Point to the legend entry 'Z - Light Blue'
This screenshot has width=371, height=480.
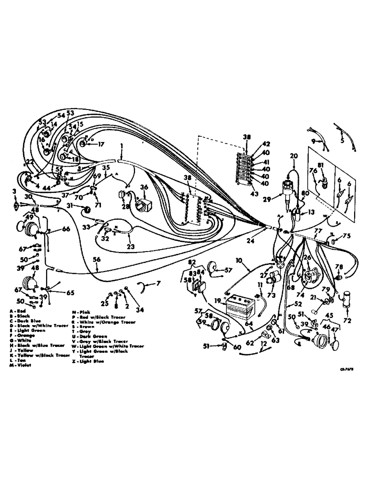tap(87, 361)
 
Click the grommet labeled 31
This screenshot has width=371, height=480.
tap(87, 210)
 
